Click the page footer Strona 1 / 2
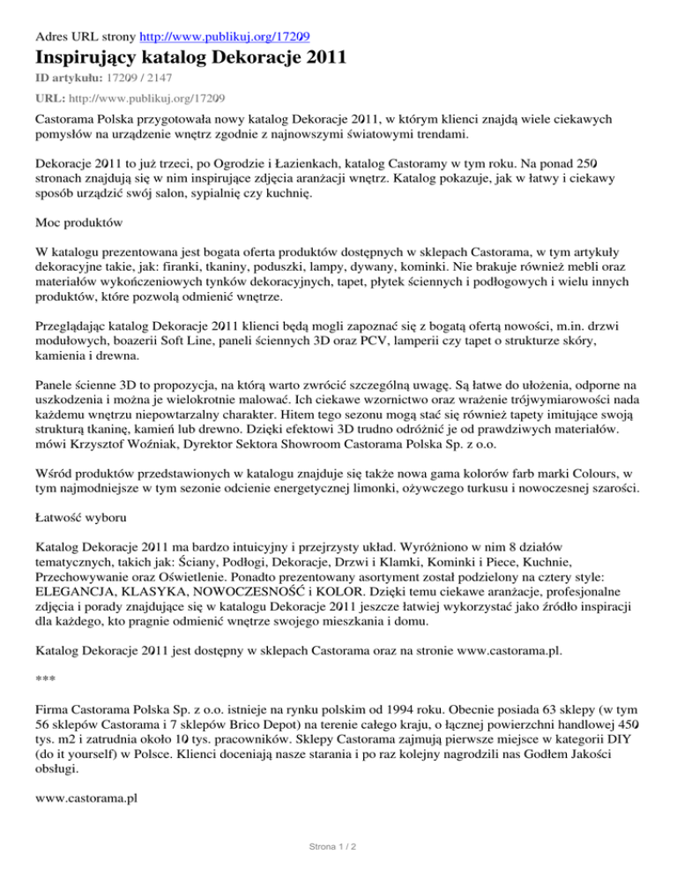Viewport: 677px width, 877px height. pyautogui.click(x=338, y=848)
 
